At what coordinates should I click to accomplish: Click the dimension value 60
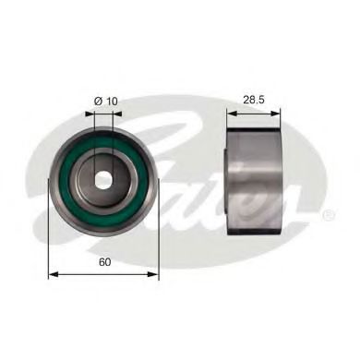104,262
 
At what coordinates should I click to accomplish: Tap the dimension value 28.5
254,100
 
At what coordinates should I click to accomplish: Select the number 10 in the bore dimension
112,102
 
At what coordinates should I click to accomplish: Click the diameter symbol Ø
98,102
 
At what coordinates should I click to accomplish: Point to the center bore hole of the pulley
103,180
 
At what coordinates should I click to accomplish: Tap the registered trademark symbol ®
328,214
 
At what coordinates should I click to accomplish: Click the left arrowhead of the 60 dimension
54,274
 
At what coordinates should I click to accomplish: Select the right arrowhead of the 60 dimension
153,274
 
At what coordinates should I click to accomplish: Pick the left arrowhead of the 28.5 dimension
232,114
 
